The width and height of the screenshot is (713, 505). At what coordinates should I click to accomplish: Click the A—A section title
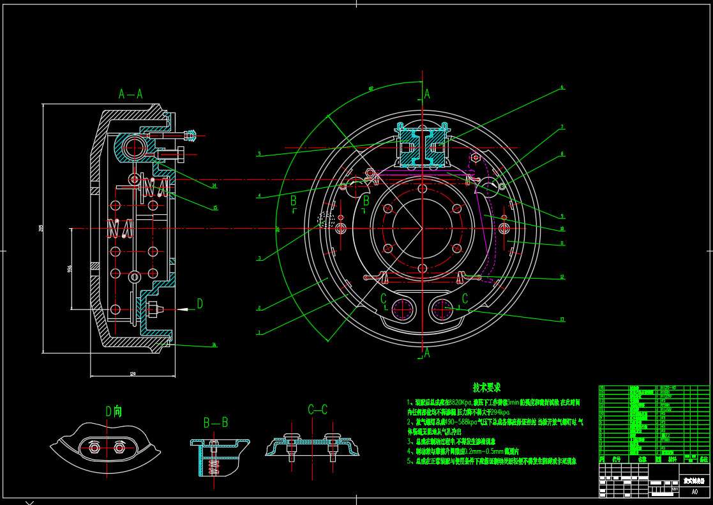(x=131, y=94)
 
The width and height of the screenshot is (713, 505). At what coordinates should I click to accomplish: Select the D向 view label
(x=114, y=411)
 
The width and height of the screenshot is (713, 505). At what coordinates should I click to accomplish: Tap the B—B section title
(x=216, y=423)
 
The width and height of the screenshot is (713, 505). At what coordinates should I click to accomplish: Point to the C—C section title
(x=317, y=410)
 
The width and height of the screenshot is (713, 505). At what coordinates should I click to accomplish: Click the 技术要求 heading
(x=486, y=387)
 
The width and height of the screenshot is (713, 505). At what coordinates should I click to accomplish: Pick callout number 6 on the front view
(x=562, y=87)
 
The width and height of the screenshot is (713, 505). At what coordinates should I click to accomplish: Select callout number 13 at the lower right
(x=562, y=319)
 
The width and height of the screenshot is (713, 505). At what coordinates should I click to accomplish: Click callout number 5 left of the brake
(x=259, y=154)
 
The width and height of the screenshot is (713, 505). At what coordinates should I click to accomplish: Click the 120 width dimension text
(x=133, y=374)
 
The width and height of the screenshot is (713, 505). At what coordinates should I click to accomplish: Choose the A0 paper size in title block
(x=694, y=492)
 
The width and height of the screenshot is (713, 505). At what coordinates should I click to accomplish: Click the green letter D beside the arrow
(x=200, y=304)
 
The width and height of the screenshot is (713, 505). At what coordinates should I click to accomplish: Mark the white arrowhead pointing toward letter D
(x=183, y=309)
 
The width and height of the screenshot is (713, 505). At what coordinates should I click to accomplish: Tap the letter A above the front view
(x=427, y=94)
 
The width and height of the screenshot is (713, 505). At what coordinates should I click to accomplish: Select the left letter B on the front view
(x=293, y=201)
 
